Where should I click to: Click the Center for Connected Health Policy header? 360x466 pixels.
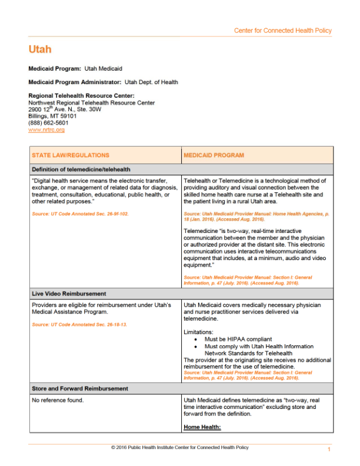click(x=282, y=31)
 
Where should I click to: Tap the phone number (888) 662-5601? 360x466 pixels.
click(x=48, y=123)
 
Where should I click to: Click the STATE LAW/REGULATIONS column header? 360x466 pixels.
click(x=71, y=155)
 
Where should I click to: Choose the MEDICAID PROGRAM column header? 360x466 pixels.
click(x=214, y=155)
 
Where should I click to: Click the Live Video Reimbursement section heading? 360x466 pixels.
click(x=68, y=293)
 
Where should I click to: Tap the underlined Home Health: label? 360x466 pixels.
click(x=202, y=427)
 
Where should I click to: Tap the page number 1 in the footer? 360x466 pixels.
click(x=329, y=450)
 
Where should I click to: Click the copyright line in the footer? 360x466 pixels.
click(x=179, y=447)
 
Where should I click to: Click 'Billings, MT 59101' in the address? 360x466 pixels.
click(x=53, y=116)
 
